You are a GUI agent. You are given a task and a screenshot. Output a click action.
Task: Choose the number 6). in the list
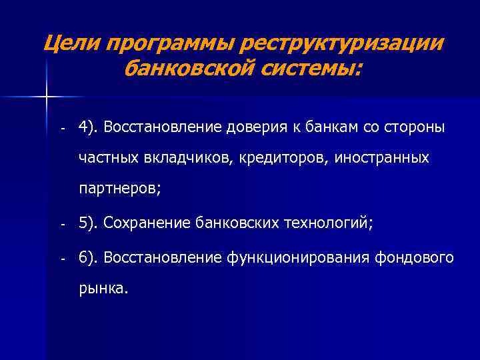click(x=88, y=258)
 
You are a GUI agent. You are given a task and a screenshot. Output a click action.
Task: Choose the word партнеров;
click(x=119, y=189)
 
